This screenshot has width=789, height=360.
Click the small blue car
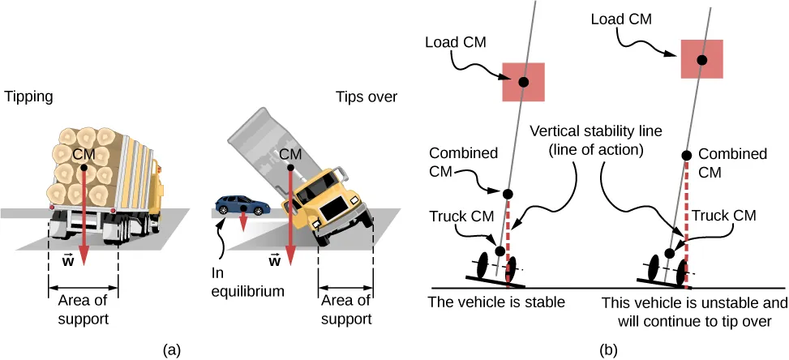coord(242,206)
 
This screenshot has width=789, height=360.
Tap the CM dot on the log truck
coord(85,169)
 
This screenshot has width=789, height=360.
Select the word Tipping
coord(28,96)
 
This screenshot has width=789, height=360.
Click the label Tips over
coord(367,96)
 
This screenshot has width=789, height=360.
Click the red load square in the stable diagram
coord(524,82)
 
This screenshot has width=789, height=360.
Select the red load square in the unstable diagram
coord(701,60)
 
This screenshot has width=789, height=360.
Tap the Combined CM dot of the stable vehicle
coord(508,194)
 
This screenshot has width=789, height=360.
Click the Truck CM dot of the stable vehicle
coord(500,251)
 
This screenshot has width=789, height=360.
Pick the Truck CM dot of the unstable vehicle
coord(669,254)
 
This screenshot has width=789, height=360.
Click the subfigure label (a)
coord(172,349)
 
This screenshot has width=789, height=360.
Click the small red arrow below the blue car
coord(242,221)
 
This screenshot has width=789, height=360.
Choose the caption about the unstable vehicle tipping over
coord(694,311)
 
